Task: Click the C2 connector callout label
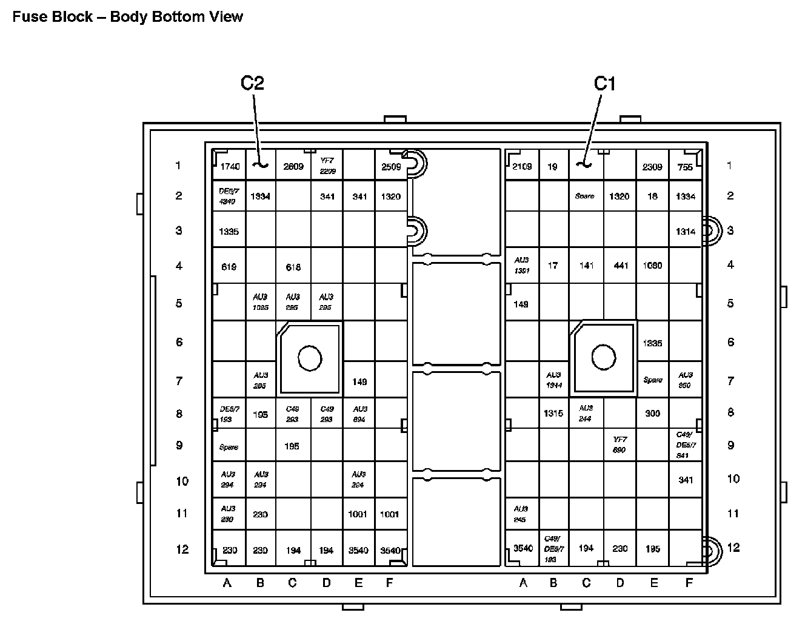(252, 83)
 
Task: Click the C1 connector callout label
(604, 83)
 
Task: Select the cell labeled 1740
(230, 167)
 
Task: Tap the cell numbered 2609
(293, 166)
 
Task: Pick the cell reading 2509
(391, 167)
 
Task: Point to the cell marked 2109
(522, 166)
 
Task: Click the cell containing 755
(686, 167)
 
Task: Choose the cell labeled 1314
(686, 231)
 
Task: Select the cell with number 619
(229, 267)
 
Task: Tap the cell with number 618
(293, 267)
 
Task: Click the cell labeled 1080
(652, 265)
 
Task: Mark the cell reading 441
(621, 265)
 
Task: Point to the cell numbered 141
(586, 265)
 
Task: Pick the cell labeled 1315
(553, 413)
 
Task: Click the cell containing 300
(652, 413)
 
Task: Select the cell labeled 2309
(652, 166)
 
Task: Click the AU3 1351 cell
(522, 265)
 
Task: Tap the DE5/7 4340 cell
(229, 196)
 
